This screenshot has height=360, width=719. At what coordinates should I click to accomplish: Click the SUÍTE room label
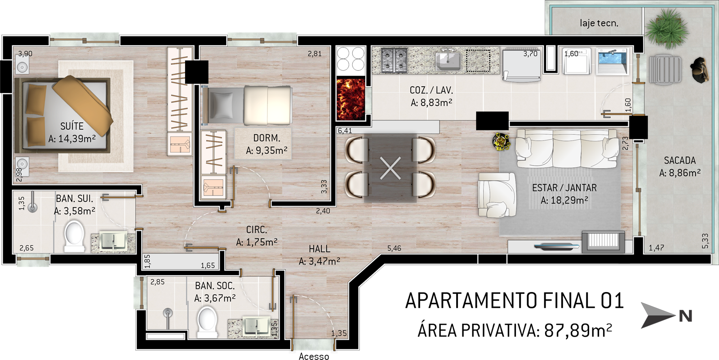pyautogui.click(x=72, y=126)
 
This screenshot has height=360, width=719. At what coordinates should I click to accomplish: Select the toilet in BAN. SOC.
pyautogui.click(x=207, y=322)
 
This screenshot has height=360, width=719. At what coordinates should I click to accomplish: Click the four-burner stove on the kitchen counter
pyautogui.click(x=394, y=60)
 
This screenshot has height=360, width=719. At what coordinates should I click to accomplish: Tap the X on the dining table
pyautogui.click(x=391, y=168)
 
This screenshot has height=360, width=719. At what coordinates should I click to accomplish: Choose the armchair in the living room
pyautogui.click(x=496, y=195)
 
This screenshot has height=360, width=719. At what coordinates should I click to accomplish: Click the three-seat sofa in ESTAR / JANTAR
pyautogui.click(x=567, y=148)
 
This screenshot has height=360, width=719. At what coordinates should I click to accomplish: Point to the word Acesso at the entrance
pyautogui.click(x=314, y=356)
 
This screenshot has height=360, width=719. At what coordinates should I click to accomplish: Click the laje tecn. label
pyautogui.click(x=599, y=23)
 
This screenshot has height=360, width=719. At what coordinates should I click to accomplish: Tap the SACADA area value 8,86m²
pyautogui.click(x=680, y=173)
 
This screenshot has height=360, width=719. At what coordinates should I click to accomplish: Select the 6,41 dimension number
pyautogui.click(x=345, y=131)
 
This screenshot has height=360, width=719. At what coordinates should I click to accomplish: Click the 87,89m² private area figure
pyautogui.click(x=578, y=330)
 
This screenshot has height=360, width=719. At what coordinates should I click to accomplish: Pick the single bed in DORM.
pyautogui.click(x=247, y=105)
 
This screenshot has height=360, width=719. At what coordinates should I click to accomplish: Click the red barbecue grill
pyautogui.click(x=351, y=99)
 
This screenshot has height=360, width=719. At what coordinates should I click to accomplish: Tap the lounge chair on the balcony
pyautogui.click(x=666, y=70)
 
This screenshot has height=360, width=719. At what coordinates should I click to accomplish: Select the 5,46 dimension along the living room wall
pyautogui.click(x=394, y=248)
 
